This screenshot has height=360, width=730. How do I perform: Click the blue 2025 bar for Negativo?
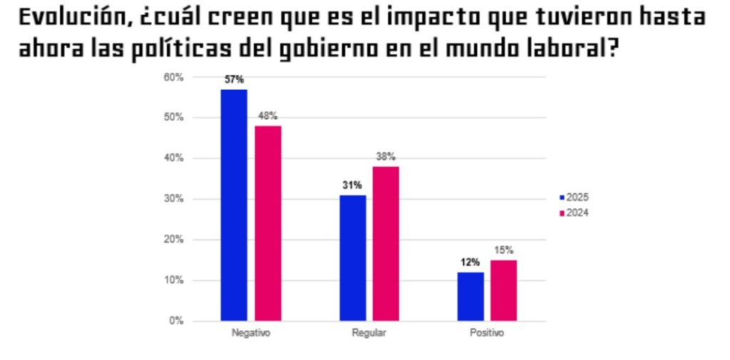point(234,205)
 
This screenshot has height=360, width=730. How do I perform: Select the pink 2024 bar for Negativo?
point(268,223)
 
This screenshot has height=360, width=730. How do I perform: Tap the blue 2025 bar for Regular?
point(353,257)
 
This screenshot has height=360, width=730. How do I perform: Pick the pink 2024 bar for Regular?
point(386,243)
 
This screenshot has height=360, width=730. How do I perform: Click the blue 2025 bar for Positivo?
point(471,296)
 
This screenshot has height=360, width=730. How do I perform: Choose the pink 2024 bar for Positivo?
point(504,290)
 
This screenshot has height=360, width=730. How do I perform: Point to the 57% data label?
point(234,80)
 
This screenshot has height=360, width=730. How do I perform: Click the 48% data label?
point(268,116)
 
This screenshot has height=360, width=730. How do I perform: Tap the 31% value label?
point(353,185)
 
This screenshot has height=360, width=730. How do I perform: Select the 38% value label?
point(386,157)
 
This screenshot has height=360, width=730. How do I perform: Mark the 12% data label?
point(471,262)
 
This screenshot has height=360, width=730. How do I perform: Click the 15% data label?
point(504,250)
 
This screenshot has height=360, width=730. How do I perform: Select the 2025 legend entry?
point(575,197)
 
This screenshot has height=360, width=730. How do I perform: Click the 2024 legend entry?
point(575,212)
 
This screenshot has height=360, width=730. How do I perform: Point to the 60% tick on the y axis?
point(175,77)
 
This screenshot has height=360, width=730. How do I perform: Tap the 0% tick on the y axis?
point(177,322)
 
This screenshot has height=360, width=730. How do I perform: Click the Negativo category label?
point(251,334)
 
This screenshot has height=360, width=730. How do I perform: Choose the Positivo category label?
point(487,334)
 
